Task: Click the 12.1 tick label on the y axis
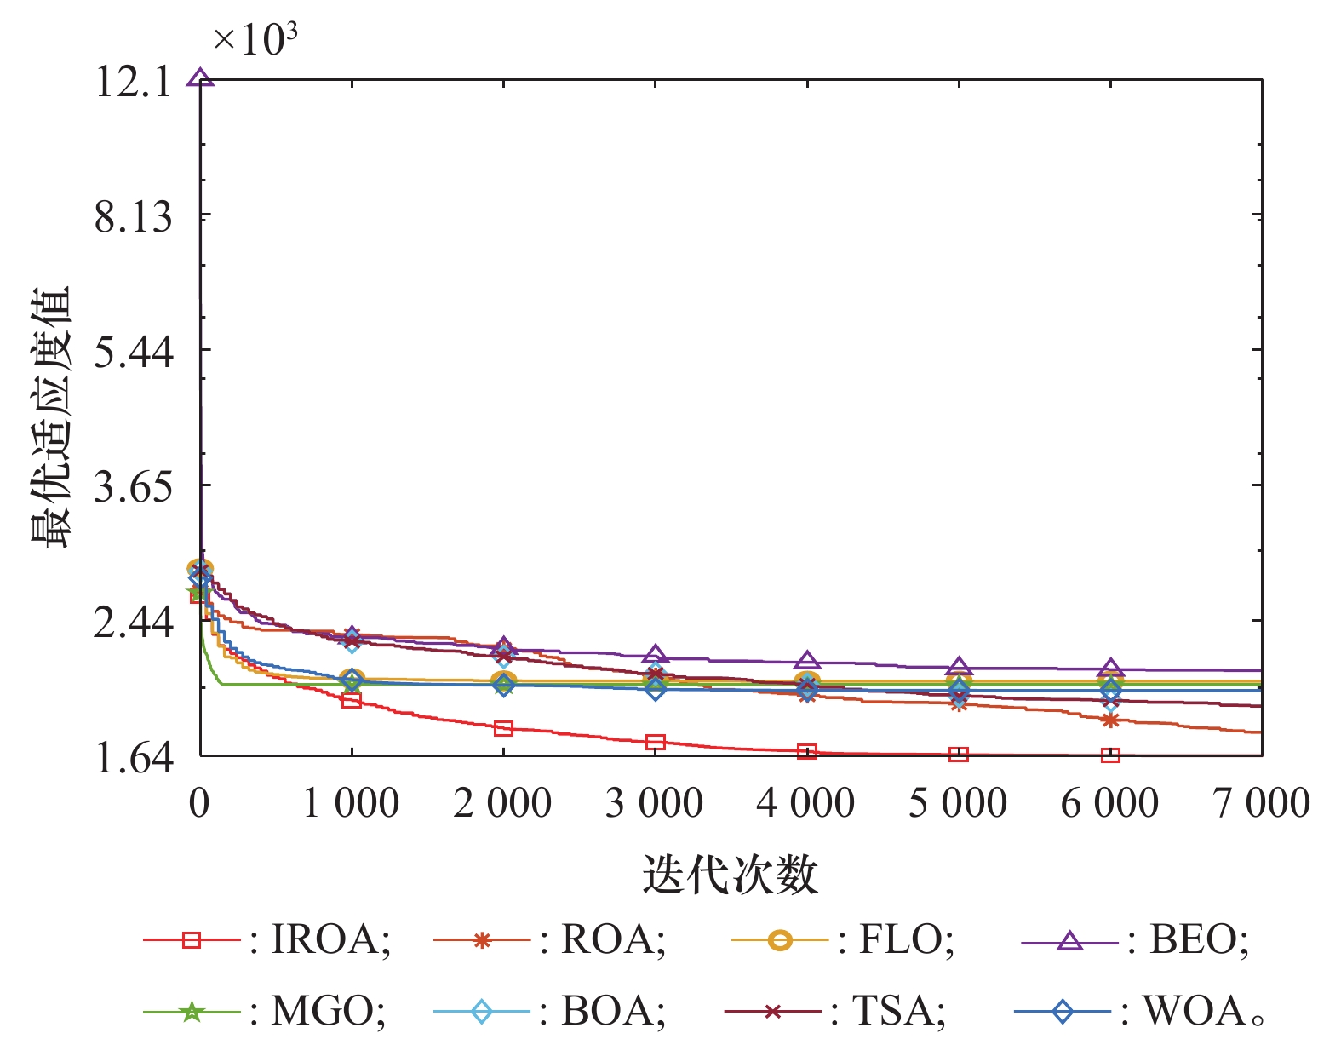click(x=133, y=82)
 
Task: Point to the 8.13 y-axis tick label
click(x=133, y=218)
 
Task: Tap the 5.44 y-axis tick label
click(x=133, y=353)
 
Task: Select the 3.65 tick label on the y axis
click(x=133, y=488)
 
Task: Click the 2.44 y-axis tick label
click(x=133, y=623)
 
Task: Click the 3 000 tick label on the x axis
click(x=655, y=803)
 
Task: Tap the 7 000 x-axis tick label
click(x=1262, y=803)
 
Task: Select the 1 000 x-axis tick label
click(x=351, y=803)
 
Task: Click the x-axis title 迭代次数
click(x=730, y=875)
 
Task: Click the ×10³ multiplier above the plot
click(x=255, y=39)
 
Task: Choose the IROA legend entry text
click(x=330, y=939)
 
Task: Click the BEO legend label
click(x=1199, y=939)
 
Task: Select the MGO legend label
click(x=329, y=1011)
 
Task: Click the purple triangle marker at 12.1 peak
click(x=200, y=78)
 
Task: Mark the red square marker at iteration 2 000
click(x=503, y=729)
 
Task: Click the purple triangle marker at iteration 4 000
click(x=806, y=661)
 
